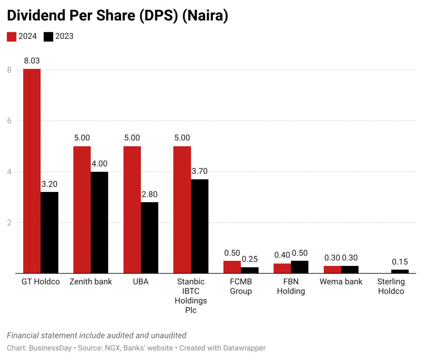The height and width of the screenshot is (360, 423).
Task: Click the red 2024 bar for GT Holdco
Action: [x=32, y=171]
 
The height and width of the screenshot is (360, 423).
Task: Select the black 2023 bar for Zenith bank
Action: [x=99, y=223]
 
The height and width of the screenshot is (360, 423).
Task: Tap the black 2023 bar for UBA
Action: [x=150, y=238]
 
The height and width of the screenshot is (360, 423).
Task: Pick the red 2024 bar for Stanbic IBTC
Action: [x=182, y=210]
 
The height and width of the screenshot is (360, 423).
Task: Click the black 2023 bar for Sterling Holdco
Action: [x=400, y=271]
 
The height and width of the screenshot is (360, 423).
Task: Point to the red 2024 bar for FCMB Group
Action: [x=232, y=267]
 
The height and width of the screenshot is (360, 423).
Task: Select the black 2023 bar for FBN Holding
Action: [x=299, y=267]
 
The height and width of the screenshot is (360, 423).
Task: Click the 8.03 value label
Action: [x=32, y=61]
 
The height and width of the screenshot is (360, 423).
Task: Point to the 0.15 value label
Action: [x=400, y=261]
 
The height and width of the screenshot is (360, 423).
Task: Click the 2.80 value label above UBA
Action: [x=150, y=194]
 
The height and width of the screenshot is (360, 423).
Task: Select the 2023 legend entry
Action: [x=59, y=36]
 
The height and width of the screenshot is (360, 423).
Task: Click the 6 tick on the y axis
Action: [x=9, y=121]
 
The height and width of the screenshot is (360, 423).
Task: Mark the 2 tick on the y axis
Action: [x=9, y=223]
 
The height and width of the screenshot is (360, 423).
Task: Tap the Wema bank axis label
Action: [x=341, y=282]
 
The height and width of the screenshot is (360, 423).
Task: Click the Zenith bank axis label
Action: [x=91, y=282]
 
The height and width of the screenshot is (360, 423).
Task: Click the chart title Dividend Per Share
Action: [x=118, y=15]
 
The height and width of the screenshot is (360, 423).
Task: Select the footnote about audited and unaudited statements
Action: [x=97, y=335]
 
